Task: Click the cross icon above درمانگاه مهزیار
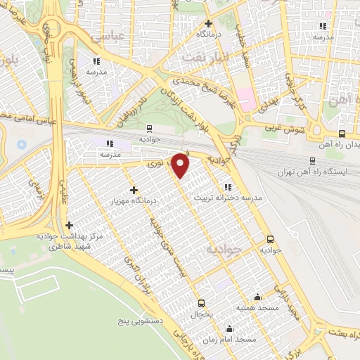point(134,190)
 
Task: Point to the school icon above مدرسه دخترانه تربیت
point(226,186)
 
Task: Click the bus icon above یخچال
point(202,304)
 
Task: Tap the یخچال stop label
point(202,316)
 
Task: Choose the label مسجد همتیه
point(258,309)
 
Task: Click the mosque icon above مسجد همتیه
point(258,297)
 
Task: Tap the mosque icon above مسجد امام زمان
point(229,327)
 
